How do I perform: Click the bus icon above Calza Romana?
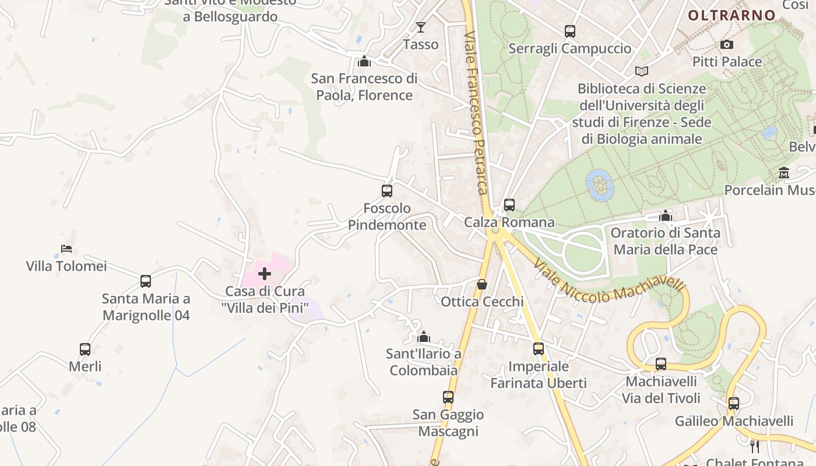(509, 205)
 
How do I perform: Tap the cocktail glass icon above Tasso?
(421, 27)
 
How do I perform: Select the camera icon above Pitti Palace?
(726, 44)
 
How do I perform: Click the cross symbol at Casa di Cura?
(265, 274)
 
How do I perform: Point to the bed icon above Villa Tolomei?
(66, 249)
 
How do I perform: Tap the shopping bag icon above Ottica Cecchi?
(482, 284)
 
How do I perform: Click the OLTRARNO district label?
(731, 16)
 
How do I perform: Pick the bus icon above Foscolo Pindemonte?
(386, 190)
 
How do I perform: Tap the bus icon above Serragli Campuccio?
(570, 31)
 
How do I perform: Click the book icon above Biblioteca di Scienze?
(642, 71)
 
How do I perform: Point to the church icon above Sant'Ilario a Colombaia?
(424, 337)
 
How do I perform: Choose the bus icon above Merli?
(85, 349)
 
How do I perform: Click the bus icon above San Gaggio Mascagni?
(448, 397)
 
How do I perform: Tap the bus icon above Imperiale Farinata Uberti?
(539, 349)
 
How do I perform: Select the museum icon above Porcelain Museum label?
(784, 173)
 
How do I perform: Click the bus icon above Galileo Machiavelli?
(734, 403)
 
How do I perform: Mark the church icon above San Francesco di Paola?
(364, 61)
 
